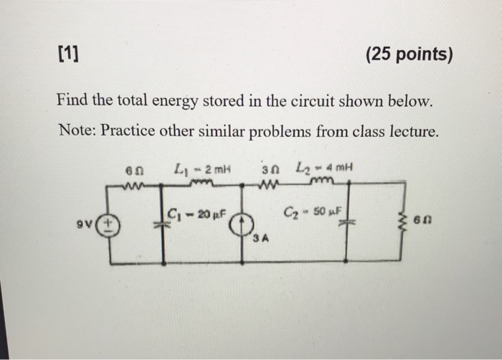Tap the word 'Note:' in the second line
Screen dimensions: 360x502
75,131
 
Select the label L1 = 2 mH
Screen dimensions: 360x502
194,170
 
